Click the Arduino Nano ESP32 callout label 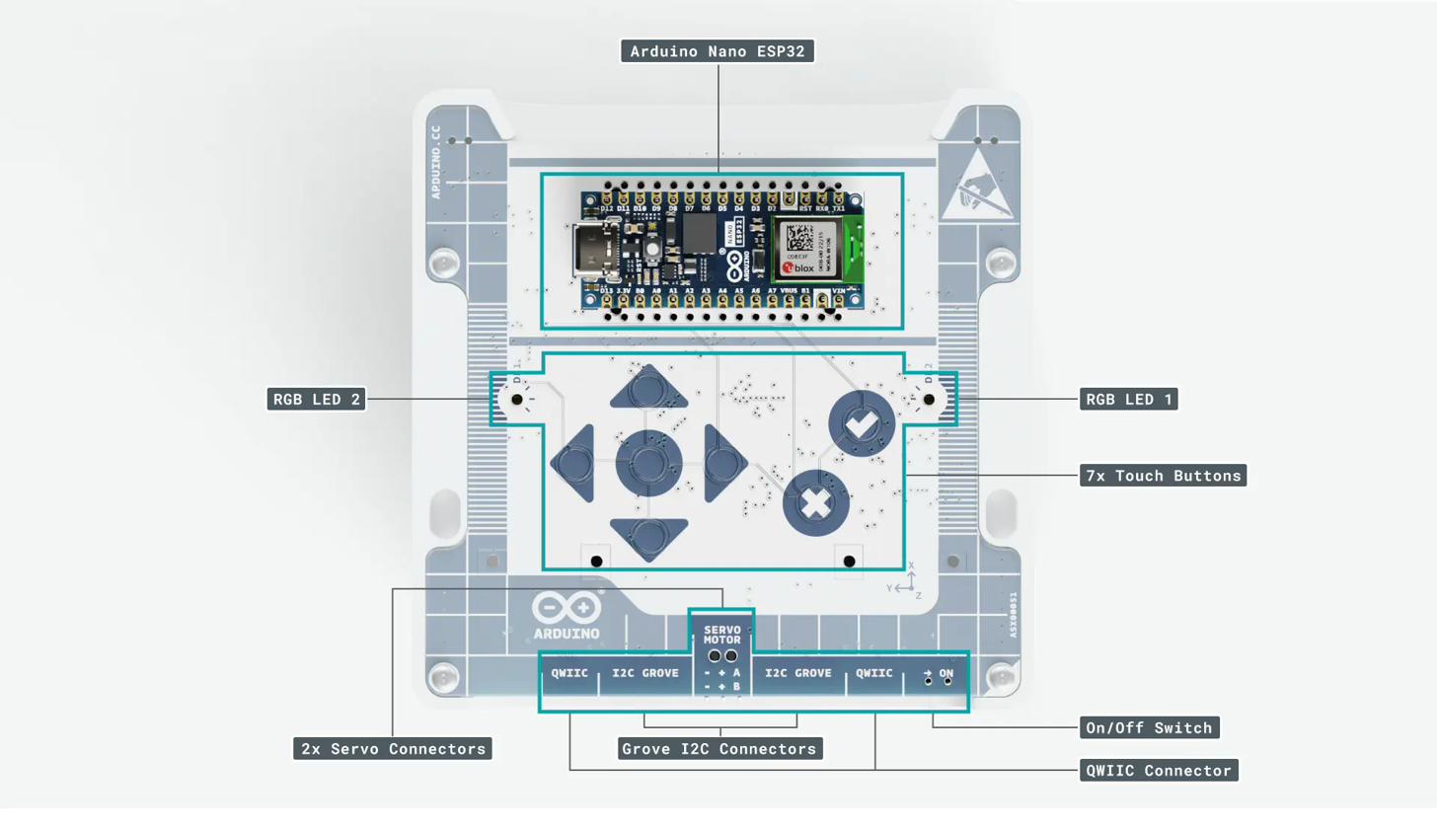[718, 50]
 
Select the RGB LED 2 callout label [316, 399]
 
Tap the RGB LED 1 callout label [1130, 399]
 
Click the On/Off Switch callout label [1149, 728]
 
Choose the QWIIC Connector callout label [1159, 770]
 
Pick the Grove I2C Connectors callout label [719, 749]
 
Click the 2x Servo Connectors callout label [393, 749]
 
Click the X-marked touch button [815, 503]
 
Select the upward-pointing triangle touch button [648, 386]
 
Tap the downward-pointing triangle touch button [648, 536]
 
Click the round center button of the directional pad [648, 462]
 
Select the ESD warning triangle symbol [974, 184]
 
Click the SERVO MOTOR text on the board [721, 635]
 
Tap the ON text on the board [945, 674]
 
